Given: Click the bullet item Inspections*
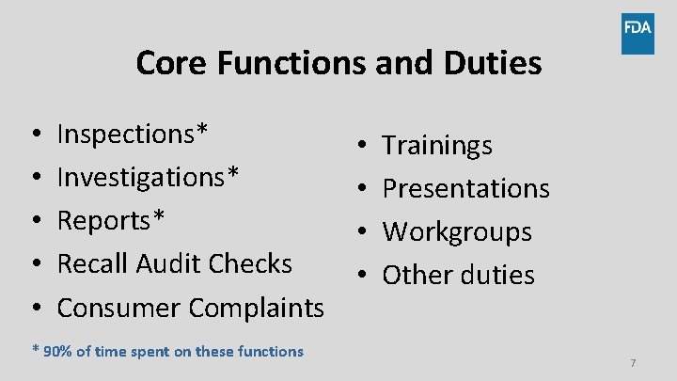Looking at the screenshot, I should coord(133,134).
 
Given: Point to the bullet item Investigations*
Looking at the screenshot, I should coord(149,177).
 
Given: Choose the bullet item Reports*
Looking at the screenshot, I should coord(111,220).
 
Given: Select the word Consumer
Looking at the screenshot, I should coord(119,307).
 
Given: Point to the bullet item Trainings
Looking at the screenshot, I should coord(437,146).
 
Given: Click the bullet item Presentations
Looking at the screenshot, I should coord(465,188).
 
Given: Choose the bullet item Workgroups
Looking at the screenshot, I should coord(457,231).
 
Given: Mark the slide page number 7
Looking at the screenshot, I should coord(633,363).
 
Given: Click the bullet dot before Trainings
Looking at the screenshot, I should coord(362,146).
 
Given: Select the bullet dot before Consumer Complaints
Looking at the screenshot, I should coord(35,308).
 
